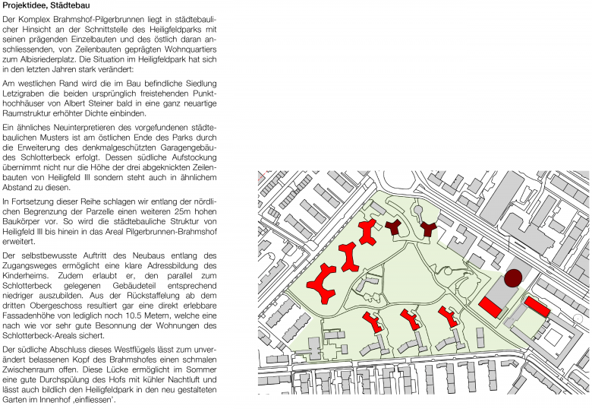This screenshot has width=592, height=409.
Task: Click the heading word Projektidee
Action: tap(24, 6)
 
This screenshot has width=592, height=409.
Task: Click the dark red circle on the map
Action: tap(514, 278)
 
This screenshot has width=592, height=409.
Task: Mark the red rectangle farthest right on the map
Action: tap(537, 307)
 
